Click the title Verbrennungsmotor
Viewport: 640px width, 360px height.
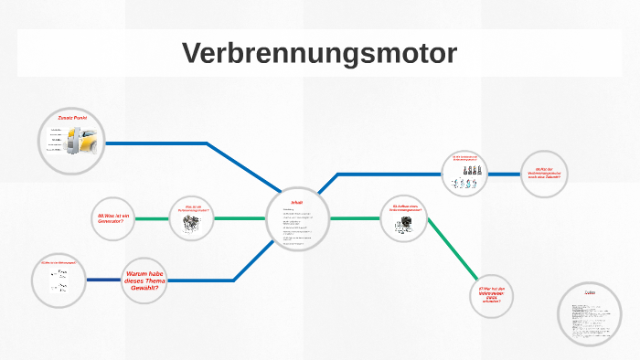tap(319, 53)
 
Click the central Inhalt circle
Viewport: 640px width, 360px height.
tap(297, 218)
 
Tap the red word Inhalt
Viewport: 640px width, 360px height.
tap(296, 201)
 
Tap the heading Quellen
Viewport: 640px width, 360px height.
tap(590, 291)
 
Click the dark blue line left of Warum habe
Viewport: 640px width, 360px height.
tap(102, 279)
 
